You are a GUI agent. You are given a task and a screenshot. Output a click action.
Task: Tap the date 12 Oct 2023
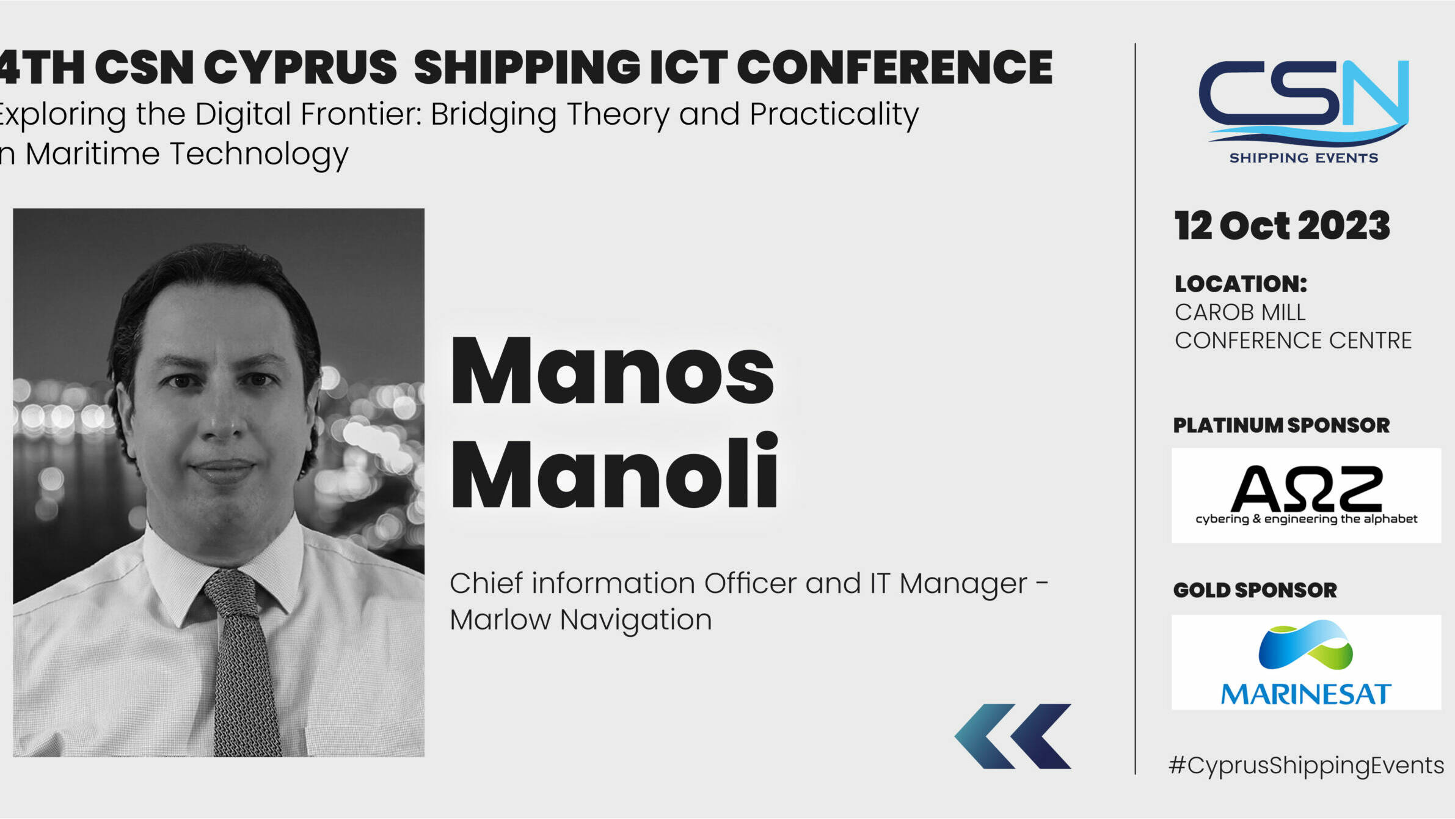(1282, 226)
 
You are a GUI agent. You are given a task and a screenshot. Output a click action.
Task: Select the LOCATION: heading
(1241, 284)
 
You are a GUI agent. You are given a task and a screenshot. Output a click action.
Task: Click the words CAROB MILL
(1240, 312)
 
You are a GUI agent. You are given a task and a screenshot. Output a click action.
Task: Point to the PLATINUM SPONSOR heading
(1281, 425)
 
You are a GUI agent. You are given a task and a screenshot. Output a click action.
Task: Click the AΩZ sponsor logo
(1306, 495)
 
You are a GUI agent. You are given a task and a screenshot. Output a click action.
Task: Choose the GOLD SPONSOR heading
(1255, 590)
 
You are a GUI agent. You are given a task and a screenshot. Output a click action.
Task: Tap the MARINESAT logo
(1306, 662)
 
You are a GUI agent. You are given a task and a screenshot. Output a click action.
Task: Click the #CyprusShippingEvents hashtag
(1306, 765)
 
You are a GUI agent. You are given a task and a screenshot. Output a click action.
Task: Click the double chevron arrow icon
(1013, 736)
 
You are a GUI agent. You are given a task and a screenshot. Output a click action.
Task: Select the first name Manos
(613, 371)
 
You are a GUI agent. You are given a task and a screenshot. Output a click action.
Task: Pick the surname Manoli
(614, 471)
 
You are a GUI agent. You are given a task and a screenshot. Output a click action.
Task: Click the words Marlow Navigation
(581, 620)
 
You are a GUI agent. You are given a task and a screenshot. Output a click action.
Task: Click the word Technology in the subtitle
(259, 154)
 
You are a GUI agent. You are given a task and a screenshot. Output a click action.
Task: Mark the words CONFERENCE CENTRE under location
(1293, 340)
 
